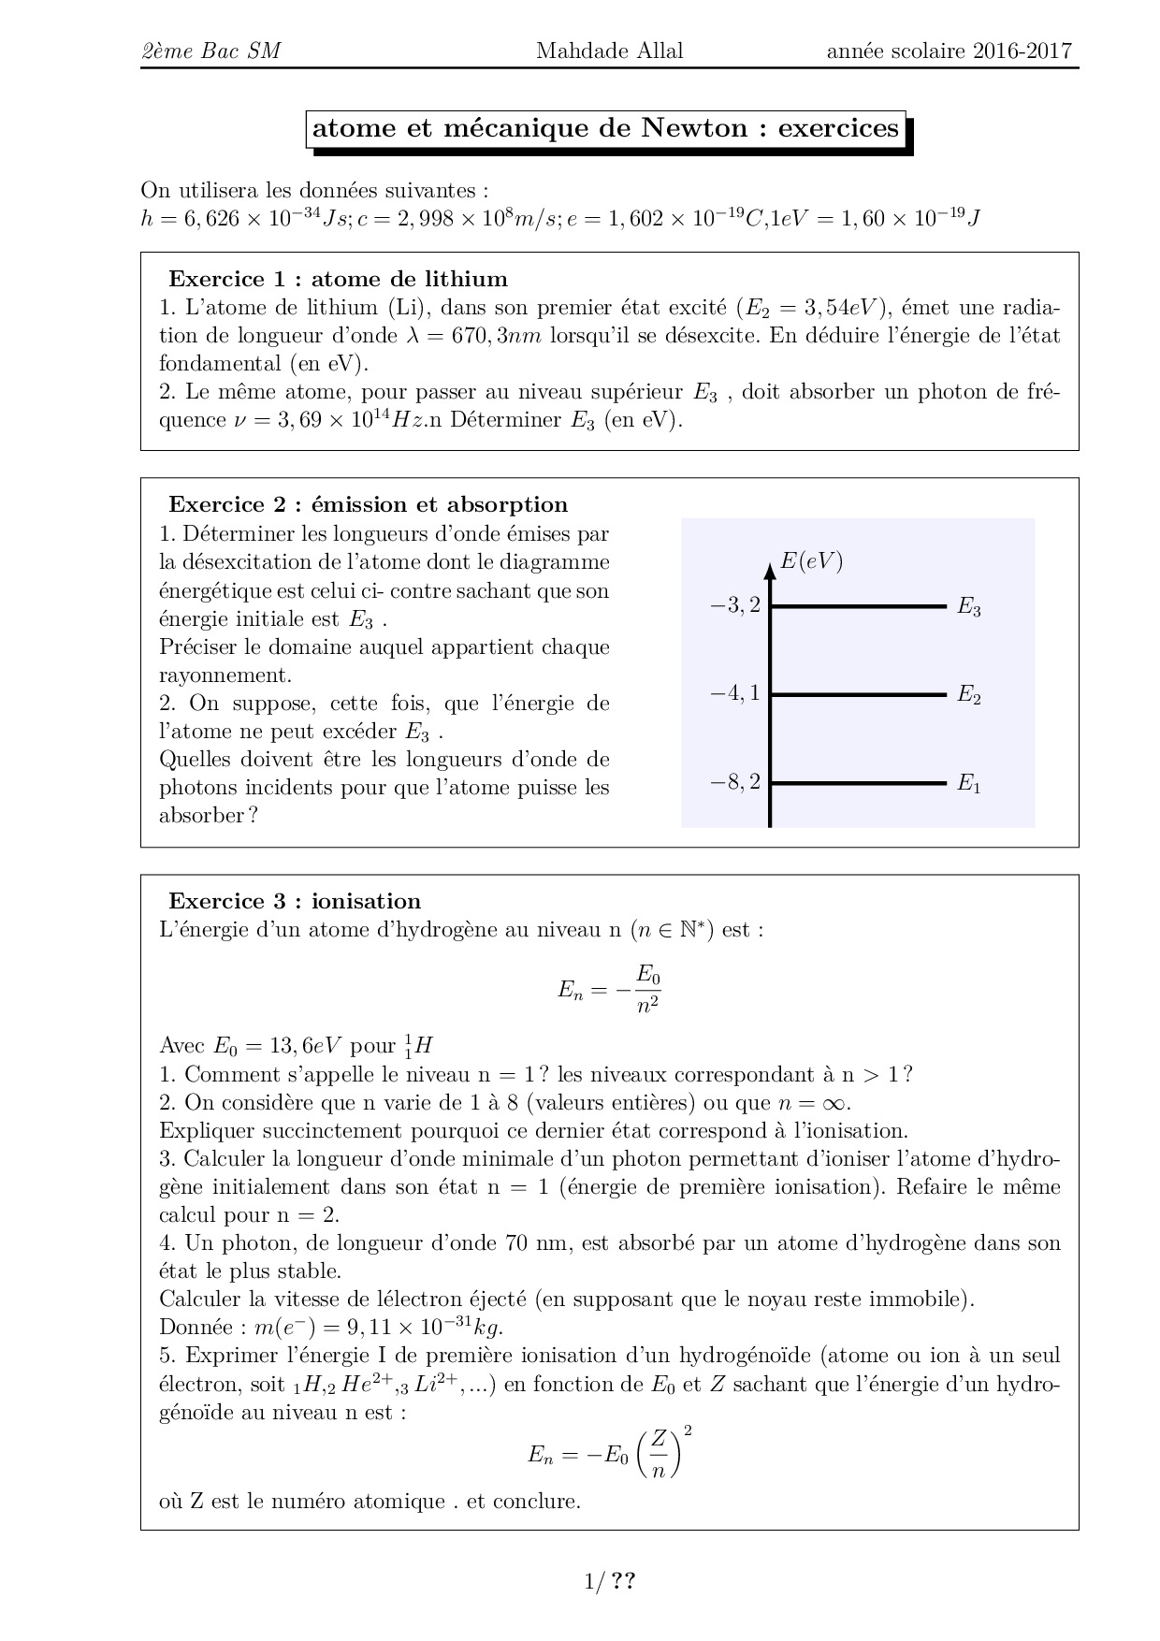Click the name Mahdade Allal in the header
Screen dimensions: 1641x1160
tap(609, 51)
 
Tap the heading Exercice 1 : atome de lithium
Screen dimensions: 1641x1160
tap(338, 279)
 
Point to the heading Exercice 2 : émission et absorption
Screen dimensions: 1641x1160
tap(368, 504)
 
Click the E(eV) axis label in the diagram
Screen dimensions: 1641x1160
tap(811, 561)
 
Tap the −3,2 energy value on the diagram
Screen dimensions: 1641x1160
tap(735, 606)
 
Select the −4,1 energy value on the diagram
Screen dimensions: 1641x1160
tap(735, 694)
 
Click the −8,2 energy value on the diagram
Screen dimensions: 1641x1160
tap(735, 782)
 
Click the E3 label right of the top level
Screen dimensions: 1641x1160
tap(968, 608)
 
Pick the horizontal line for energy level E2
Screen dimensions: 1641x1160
tap(859, 694)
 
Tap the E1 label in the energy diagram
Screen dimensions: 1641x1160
tap(968, 784)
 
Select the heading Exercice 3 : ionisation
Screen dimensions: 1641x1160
tap(295, 901)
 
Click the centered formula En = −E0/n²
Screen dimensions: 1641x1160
tap(609, 990)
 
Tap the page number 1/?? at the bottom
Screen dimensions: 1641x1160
tap(610, 1582)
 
